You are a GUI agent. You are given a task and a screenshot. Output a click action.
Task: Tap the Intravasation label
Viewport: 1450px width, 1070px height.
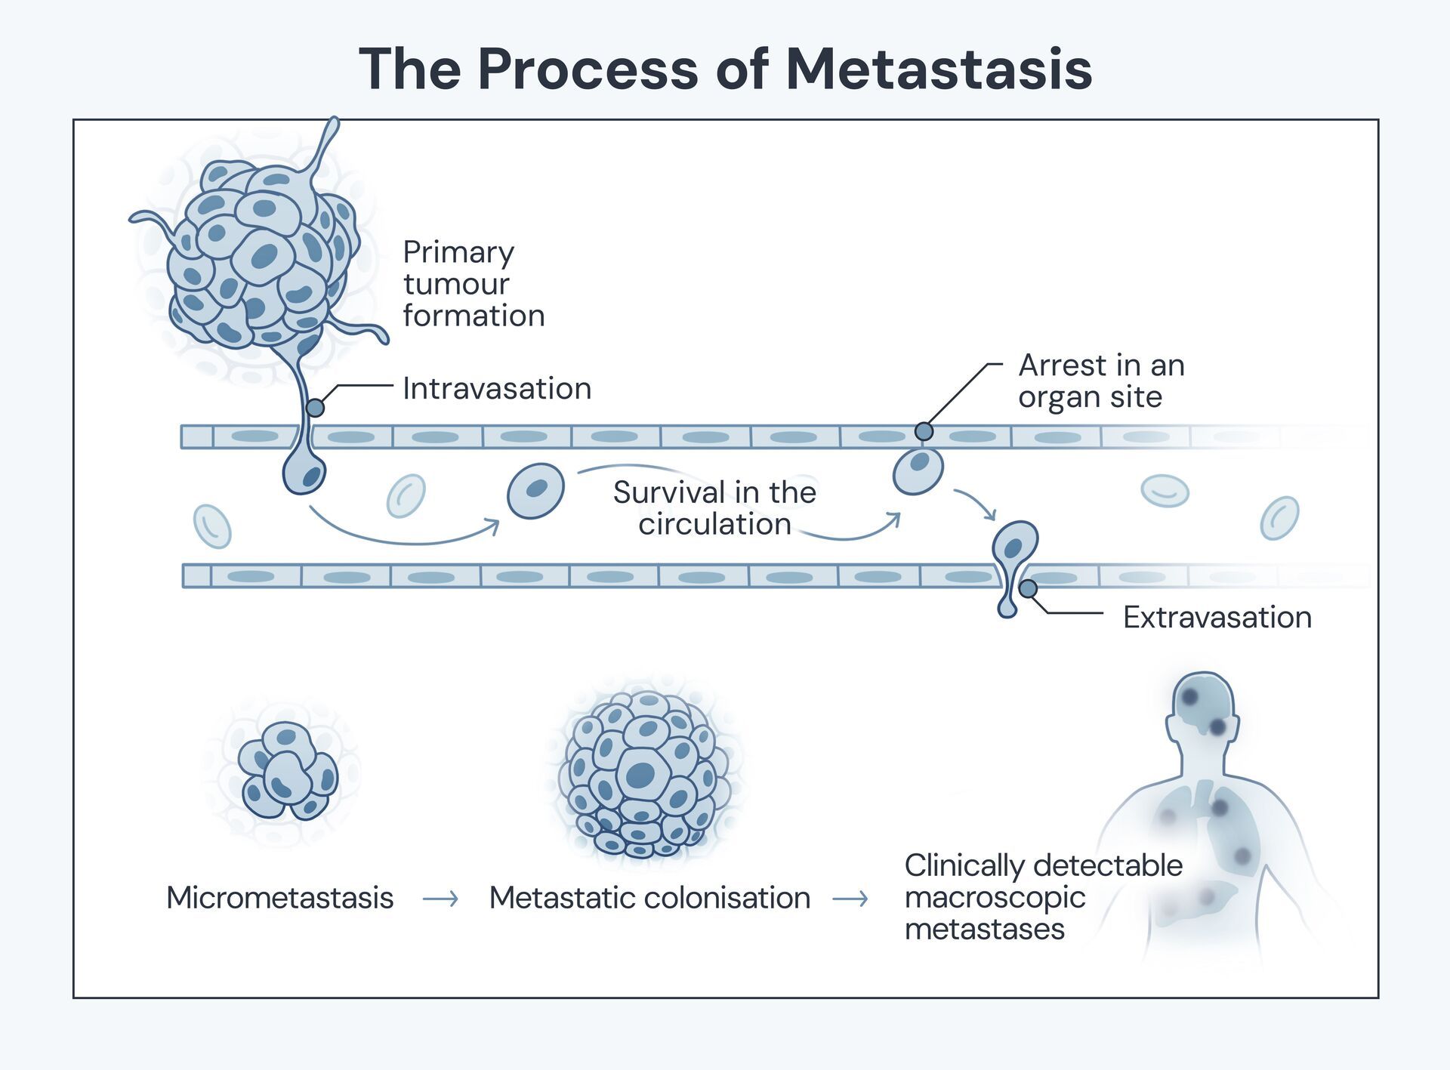point(496,389)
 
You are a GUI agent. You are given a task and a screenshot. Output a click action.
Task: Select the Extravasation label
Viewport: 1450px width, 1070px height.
point(1217,618)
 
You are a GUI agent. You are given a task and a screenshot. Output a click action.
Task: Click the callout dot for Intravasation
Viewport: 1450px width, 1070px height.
point(316,408)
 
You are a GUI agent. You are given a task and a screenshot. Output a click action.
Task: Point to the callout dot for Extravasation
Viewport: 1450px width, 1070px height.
point(1028,588)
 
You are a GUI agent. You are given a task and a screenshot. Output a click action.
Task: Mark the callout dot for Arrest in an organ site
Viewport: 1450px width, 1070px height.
point(924,431)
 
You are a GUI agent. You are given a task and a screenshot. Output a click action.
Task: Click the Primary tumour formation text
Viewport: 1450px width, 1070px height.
point(473,284)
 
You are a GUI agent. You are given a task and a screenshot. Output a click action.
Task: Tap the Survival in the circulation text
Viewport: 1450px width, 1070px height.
point(714,508)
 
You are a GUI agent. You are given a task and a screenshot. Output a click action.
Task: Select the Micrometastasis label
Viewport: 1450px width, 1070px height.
point(279,898)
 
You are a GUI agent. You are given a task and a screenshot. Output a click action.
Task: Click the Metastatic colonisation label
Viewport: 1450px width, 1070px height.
point(649,898)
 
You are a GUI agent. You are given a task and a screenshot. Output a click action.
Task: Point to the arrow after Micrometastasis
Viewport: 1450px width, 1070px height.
point(440,899)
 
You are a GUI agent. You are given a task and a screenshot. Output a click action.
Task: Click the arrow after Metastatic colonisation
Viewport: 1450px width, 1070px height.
point(850,899)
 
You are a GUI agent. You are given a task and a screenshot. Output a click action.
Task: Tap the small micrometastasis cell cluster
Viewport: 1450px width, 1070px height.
point(288,772)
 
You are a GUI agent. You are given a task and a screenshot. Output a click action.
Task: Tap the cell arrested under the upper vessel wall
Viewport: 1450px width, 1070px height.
point(918,470)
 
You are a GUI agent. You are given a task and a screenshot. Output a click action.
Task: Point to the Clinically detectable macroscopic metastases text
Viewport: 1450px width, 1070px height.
point(1042,897)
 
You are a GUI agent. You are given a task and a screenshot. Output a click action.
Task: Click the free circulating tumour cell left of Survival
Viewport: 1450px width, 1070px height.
point(535,491)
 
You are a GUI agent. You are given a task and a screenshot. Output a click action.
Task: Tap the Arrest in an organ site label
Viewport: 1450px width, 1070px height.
point(1100,381)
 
